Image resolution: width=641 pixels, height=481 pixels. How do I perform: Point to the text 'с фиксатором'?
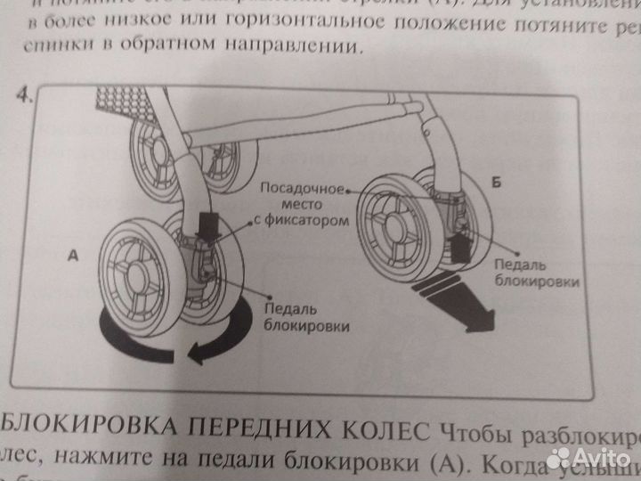296,220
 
